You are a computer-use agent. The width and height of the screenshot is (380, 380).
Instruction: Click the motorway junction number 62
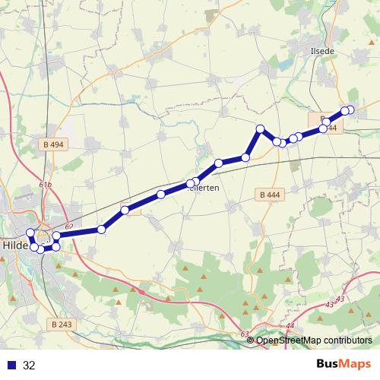pos(69,226)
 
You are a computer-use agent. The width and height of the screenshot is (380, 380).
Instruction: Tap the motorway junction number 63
pos(244,334)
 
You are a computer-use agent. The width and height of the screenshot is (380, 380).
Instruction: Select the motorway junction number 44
pos(290,326)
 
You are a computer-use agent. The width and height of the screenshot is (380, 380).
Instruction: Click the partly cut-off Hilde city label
pos(16,246)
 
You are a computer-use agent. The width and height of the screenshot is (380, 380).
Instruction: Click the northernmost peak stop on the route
pos(260,128)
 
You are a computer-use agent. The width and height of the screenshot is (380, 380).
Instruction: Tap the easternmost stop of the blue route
pos(350,110)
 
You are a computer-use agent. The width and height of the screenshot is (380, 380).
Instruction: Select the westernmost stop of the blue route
pos(30,233)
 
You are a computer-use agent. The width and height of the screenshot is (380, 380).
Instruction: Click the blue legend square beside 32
pos(10,365)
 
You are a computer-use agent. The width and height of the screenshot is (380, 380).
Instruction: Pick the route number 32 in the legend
pos(29,365)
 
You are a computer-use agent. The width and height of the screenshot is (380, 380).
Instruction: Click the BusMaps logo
pos(343,364)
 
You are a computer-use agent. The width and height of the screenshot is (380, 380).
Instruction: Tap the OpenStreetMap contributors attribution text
pos(315,340)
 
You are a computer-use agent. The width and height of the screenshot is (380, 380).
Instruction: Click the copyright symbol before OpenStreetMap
pos(251,340)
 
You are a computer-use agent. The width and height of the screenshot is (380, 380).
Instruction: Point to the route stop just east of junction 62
pos(101,229)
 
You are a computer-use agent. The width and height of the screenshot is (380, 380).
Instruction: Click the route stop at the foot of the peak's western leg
pos(245,157)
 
